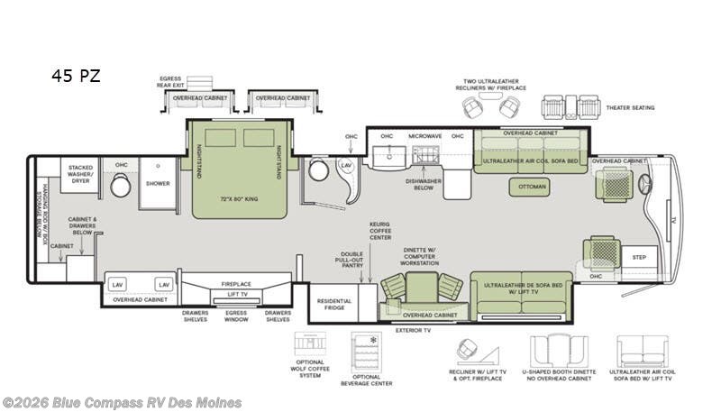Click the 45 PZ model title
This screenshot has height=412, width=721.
coord(75,76)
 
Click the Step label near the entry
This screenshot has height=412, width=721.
coord(639,256)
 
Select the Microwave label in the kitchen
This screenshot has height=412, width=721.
coord(424,136)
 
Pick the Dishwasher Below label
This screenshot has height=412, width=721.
coord(424,185)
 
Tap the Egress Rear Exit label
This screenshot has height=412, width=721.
coord(172,83)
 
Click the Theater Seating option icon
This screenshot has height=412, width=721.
coord(570,107)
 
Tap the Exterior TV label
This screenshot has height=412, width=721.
coord(415,331)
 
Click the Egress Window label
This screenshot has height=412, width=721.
coord(236,316)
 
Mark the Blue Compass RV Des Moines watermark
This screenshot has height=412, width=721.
coord(122,402)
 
